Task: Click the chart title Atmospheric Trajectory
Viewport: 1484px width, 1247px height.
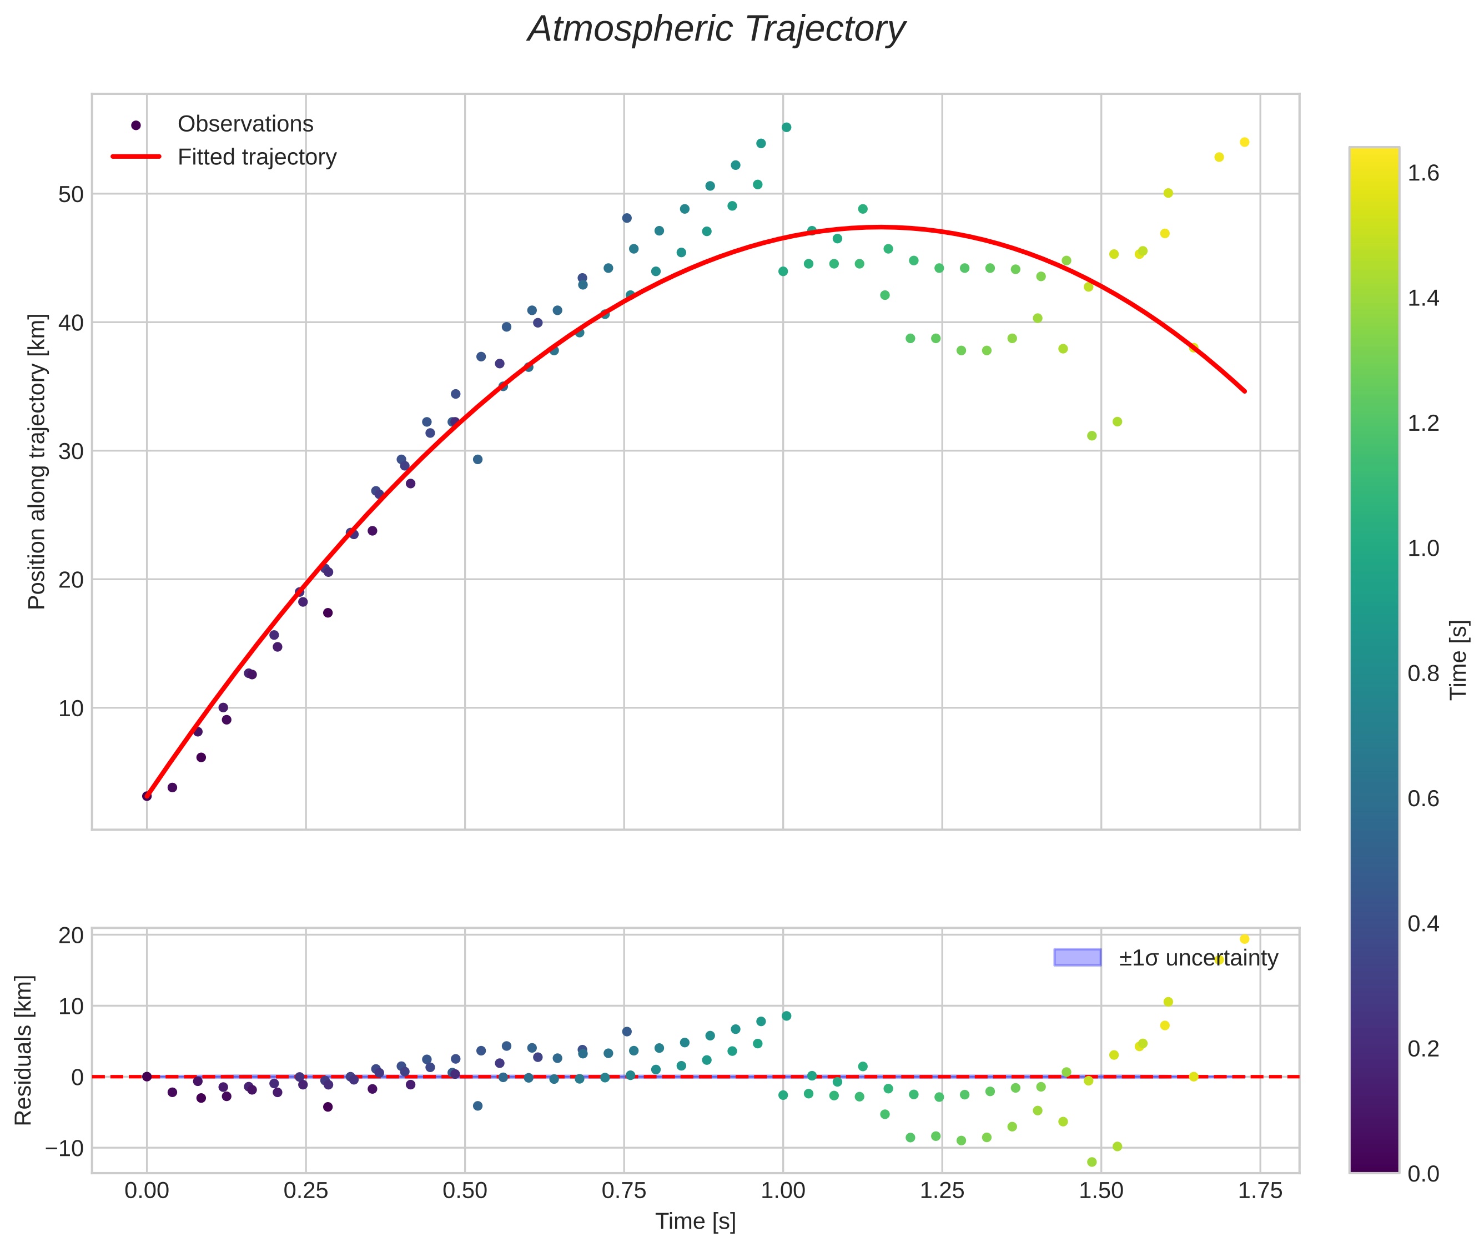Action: [x=716, y=29]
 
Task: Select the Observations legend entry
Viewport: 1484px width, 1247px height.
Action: [x=245, y=124]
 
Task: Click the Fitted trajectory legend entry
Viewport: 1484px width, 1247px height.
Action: [x=256, y=157]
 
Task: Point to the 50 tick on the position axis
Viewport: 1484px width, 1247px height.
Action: [x=71, y=194]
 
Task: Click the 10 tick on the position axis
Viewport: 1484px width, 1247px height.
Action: [x=71, y=708]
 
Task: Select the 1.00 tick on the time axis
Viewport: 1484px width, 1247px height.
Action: [x=783, y=1190]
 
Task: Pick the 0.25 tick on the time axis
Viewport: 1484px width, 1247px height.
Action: [x=305, y=1190]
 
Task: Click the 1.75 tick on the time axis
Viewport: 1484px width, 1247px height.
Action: [x=1260, y=1190]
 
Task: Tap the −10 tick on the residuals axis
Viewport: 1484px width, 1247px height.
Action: [x=64, y=1148]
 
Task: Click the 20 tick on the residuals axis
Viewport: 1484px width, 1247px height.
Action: [x=71, y=935]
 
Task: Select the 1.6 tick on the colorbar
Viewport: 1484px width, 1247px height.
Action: [x=1422, y=174]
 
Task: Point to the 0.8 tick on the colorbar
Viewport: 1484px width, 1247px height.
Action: [x=1422, y=673]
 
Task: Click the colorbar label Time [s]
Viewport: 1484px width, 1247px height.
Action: [x=1458, y=660]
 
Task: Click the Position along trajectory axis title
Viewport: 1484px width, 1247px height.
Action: [x=37, y=461]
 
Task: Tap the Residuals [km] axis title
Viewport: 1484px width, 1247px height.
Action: [x=23, y=1050]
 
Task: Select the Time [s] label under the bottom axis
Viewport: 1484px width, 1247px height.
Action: [x=695, y=1221]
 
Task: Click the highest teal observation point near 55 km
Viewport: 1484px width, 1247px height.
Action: [x=786, y=127]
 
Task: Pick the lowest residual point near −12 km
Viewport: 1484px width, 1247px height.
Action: [x=1091, y=1161]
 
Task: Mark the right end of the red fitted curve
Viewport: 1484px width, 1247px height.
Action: [x=1244, y=391]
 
